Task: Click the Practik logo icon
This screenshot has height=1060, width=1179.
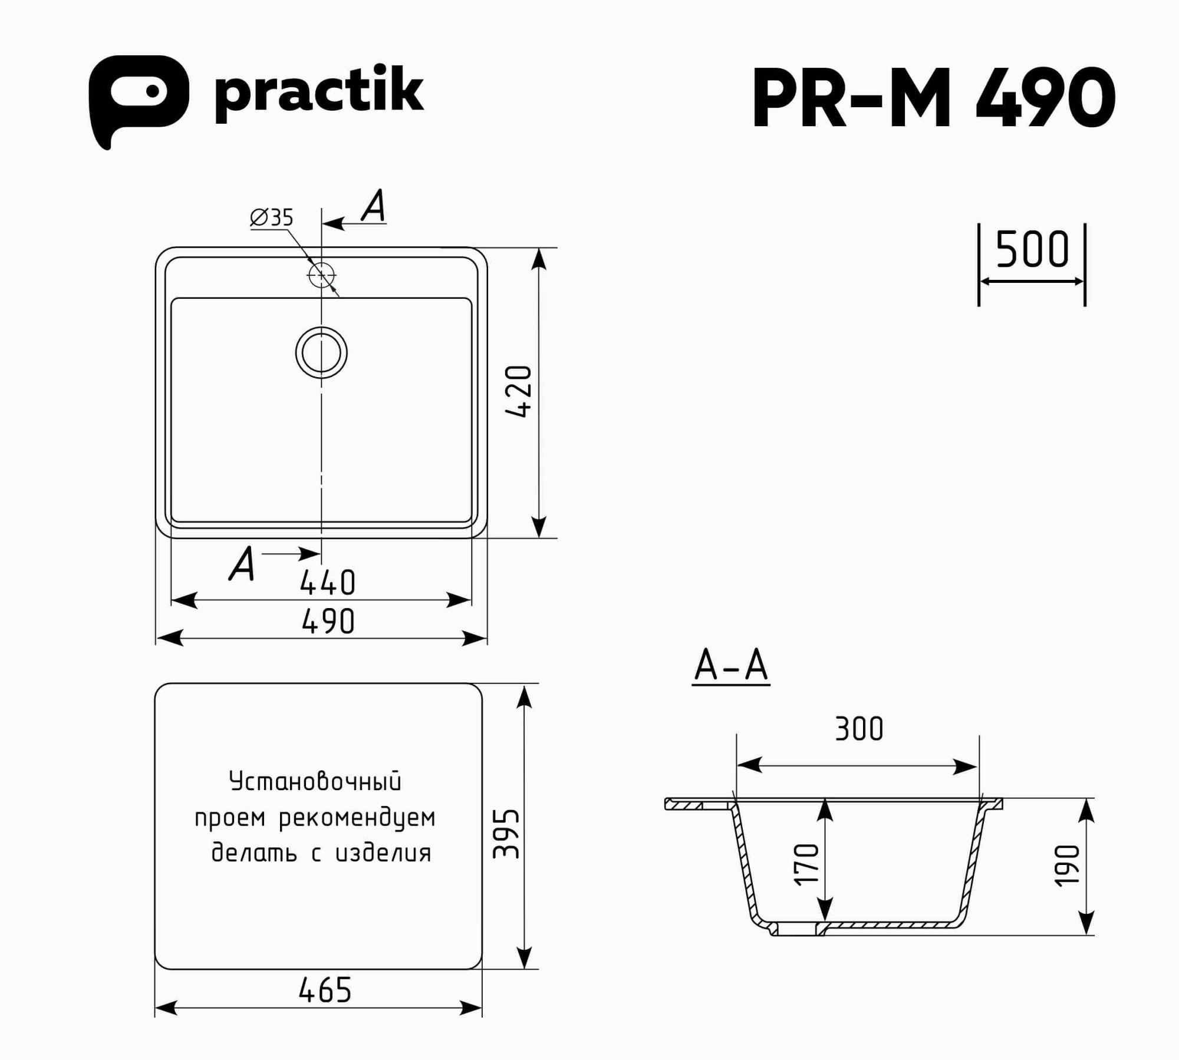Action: coord(139,97)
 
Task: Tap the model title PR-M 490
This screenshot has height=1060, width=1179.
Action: coord(934,97)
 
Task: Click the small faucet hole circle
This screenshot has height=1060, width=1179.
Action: coord(321,275)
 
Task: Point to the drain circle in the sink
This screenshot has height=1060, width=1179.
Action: coord(321,352)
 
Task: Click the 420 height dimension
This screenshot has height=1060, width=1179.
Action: coord(519,392)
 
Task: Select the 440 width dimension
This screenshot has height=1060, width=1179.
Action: coord(328,583)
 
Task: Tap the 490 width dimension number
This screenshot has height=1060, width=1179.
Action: coord(328,622)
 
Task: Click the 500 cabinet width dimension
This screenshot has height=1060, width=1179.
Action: coord(1032,250)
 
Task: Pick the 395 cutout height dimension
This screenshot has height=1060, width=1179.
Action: coord(507,833)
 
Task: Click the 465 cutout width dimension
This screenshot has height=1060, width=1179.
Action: coord(325,990)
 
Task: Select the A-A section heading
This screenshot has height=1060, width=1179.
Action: coord(731,666)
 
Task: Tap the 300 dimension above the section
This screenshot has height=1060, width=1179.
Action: coord(859,729)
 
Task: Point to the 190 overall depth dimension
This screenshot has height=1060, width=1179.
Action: coord(1068,865)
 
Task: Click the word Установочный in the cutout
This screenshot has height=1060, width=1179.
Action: coord(315,781)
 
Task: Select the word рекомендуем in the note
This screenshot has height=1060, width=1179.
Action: coord(357,818)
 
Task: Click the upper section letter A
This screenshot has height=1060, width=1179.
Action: coord(374,206)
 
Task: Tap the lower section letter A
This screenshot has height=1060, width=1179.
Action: coord(242,564)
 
